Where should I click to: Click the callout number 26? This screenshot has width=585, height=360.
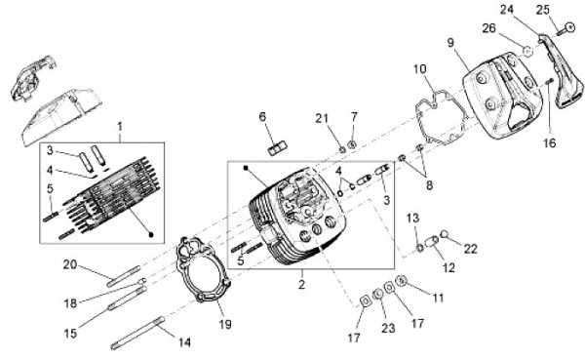(488, 28)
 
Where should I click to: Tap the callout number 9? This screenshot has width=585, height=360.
(451, 43)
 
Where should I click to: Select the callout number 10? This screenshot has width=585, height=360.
(420, 69)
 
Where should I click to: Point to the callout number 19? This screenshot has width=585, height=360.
(225, 324)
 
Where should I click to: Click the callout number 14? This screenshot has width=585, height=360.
(184, 342)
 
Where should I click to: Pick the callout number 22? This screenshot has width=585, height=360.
(471, 249)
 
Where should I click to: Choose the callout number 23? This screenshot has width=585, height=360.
(388, 328)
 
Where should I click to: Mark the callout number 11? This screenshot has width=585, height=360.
(439, 298)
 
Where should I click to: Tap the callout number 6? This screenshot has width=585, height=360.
(262, 117)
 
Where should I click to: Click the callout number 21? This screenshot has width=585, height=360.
(322, 118)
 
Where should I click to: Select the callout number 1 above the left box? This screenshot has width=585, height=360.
(120, 127)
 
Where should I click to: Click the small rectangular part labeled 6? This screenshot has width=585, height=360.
(277, 148)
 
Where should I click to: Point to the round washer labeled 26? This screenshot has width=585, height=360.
(527, 51)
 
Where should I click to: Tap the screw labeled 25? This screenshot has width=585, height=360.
(565, 29)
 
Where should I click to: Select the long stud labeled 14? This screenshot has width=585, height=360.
(137, 333)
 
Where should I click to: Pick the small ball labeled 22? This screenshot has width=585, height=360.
(444, 234)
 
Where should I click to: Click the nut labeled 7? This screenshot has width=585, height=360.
(351, 144)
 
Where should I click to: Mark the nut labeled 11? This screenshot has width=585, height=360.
(401, 280)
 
